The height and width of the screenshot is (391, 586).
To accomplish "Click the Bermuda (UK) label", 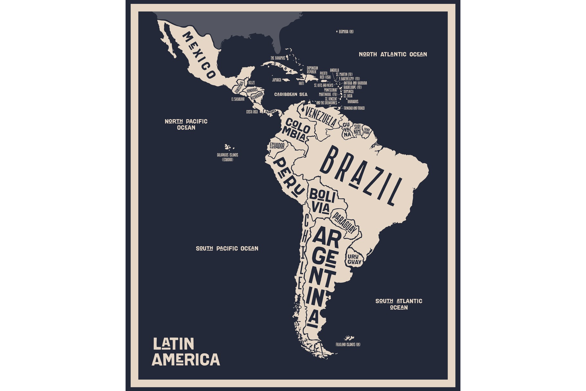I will point(346,32).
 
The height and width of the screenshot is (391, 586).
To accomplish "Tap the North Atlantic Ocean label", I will point(393,54).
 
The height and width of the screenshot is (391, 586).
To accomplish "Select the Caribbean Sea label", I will point(291,94).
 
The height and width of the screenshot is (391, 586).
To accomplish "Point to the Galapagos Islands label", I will point(227,157).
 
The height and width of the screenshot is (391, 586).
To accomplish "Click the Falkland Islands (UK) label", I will point(348,345).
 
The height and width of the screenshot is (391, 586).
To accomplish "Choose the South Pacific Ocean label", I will point(227,249).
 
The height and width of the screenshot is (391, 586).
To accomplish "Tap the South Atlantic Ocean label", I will point(399,304).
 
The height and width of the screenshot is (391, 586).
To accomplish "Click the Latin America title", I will point(186,352).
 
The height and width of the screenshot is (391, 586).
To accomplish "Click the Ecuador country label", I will point(277,146).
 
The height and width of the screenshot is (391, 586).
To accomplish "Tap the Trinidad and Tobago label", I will point(354,108).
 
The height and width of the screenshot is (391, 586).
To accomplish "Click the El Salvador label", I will point(238,99).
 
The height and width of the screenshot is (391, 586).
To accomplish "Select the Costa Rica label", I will point(252,112).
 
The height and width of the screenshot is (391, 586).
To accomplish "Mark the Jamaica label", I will point(277,80).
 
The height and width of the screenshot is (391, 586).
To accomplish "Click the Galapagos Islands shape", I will point(228,147).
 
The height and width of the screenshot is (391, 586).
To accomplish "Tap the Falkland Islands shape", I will point(349,338).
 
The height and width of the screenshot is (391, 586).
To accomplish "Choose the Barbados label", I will point(353,102).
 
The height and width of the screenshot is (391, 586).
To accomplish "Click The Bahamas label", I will point(278,58).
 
